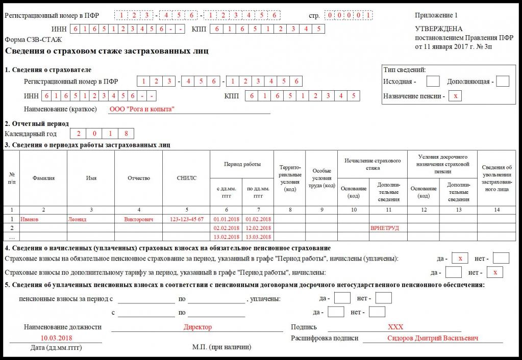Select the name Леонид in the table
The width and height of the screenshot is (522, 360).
coord(77,219)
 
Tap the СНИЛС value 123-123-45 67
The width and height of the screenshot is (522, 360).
coord(186,219)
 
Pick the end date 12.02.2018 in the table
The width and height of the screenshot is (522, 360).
coord(258,228)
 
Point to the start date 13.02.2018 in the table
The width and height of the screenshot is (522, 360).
coord(227,237)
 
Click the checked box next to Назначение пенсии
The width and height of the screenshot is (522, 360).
coord(455,96)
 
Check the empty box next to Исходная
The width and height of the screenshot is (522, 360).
coord(433,81)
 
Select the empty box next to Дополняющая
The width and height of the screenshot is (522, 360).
coord(503,81)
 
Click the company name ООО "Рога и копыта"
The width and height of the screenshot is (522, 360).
coord(142,109)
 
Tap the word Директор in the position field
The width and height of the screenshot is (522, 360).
coord(197,327)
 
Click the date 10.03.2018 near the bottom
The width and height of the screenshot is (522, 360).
coord(56,338)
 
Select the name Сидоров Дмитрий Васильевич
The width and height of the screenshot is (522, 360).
coord(433,338)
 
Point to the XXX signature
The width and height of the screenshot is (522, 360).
coord(395,327)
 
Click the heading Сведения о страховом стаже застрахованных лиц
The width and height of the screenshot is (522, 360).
coord(107,51)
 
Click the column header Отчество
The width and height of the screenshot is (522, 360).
coord(139,178)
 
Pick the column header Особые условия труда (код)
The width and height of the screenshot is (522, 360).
coord(321,178)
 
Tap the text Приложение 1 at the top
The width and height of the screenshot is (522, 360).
coord(436,15)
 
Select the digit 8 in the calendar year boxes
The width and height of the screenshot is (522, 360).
coord(126,134)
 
